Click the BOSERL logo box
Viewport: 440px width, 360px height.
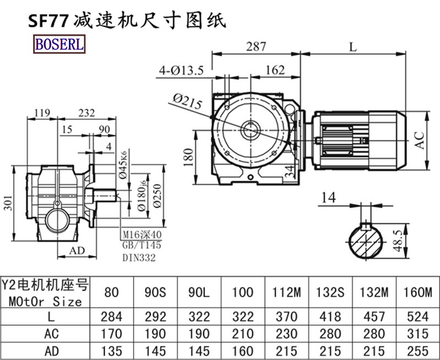pyautogui.click(x=60, y=44)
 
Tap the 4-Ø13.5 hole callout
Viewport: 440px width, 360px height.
pyautogui.click(x=181, y=70)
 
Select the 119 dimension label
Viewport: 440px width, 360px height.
pyautogui.click(x=42, y=113)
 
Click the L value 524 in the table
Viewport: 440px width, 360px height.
pyautogui.click(x=420, y=317)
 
